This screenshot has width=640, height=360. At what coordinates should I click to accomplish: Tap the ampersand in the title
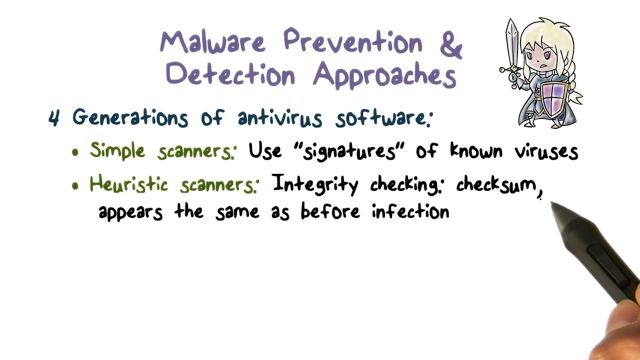pos(451,44)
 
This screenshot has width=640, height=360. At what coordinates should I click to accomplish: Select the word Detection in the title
pos(230,75)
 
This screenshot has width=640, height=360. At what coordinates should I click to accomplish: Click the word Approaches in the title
pos(384,76)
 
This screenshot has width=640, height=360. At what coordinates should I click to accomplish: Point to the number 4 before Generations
pos(54,118)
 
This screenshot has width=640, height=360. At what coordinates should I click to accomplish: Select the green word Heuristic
pos(128,184)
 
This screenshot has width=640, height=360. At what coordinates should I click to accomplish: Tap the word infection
pos(410,211)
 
